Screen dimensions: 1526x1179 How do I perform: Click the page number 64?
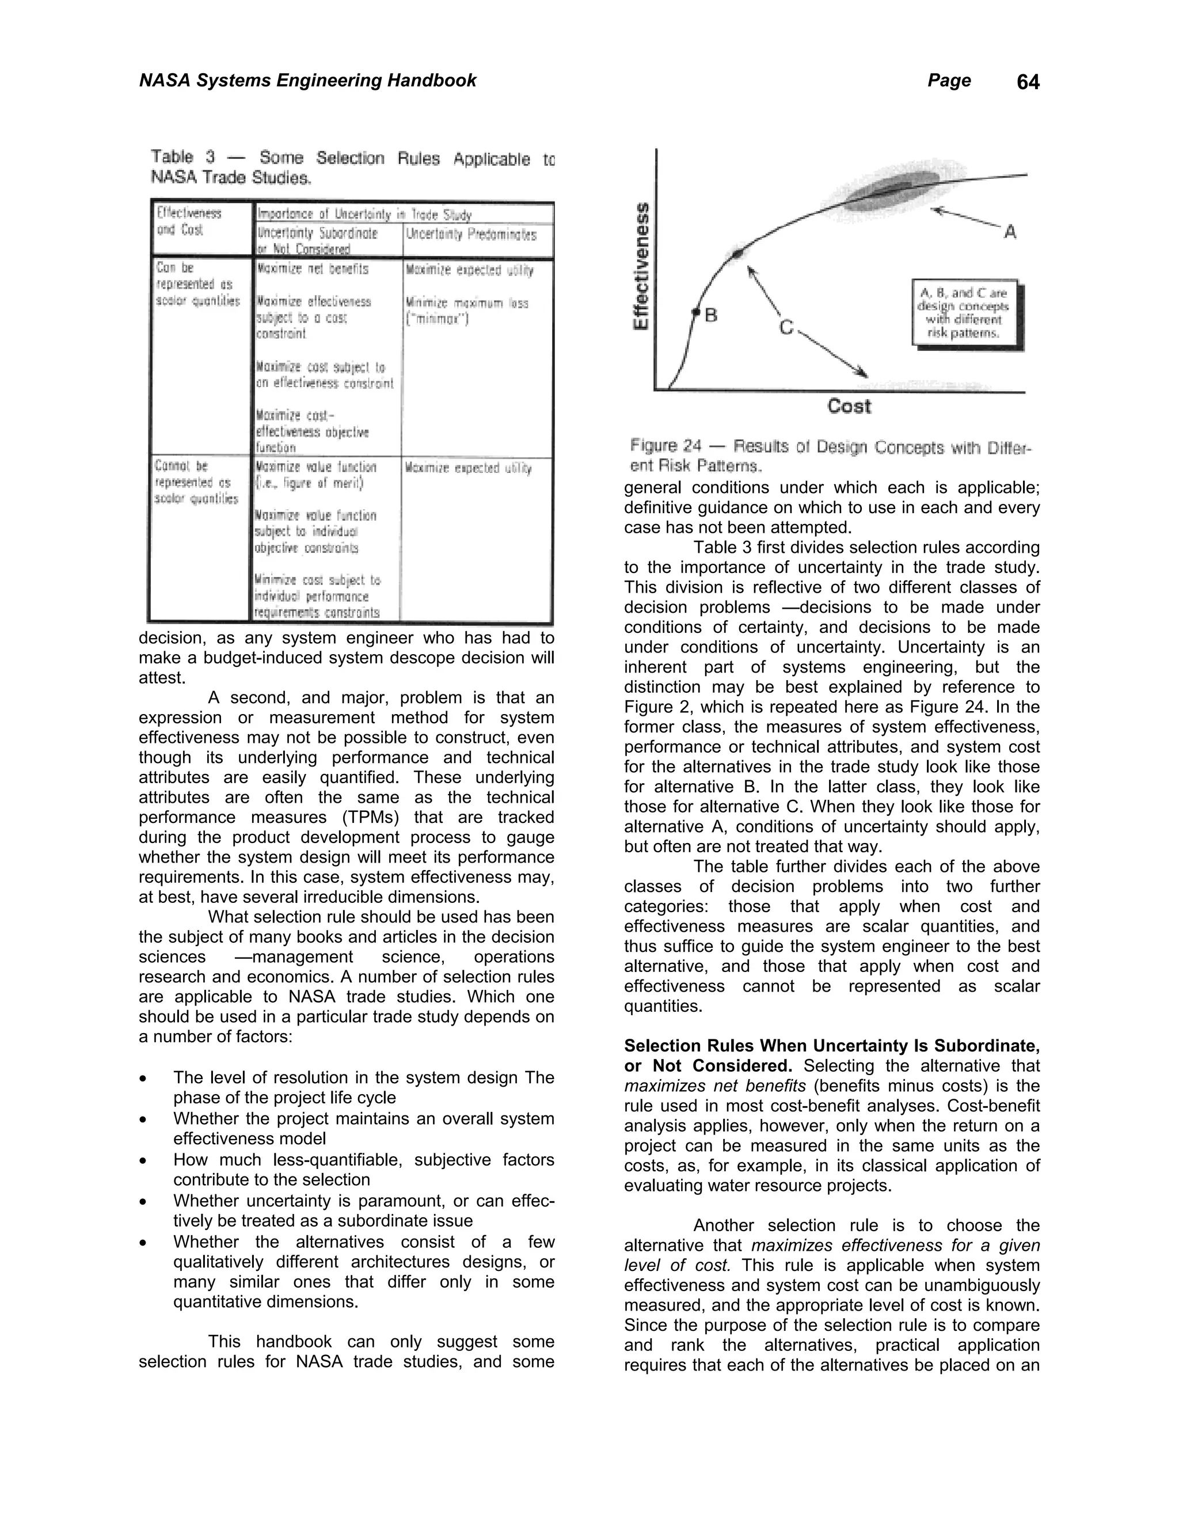coord(1028,82)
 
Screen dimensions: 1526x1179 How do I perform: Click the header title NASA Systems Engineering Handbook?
coord(307,81)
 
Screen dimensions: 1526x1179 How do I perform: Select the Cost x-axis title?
coord(849,406)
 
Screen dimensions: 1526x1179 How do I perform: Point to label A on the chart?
coord(1009,231)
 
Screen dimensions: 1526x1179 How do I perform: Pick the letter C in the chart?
coord(786,327)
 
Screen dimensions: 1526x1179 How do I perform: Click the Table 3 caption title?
coord(353,168)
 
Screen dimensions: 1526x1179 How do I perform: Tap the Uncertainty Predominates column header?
coord(471,236)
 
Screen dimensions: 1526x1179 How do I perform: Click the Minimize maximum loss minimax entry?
coord(466,311)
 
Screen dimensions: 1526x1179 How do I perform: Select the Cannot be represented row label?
coord(196,482)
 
